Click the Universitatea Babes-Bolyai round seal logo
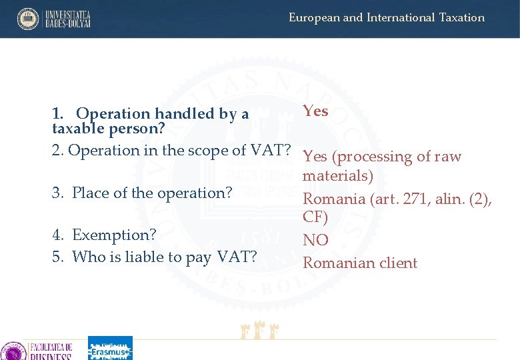[28, 19]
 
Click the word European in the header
[313, 18]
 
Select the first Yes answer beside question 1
[315, 111]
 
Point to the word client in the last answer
[397, 263]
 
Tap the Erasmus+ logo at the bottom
[110, 349]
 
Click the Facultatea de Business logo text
[50, 351]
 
